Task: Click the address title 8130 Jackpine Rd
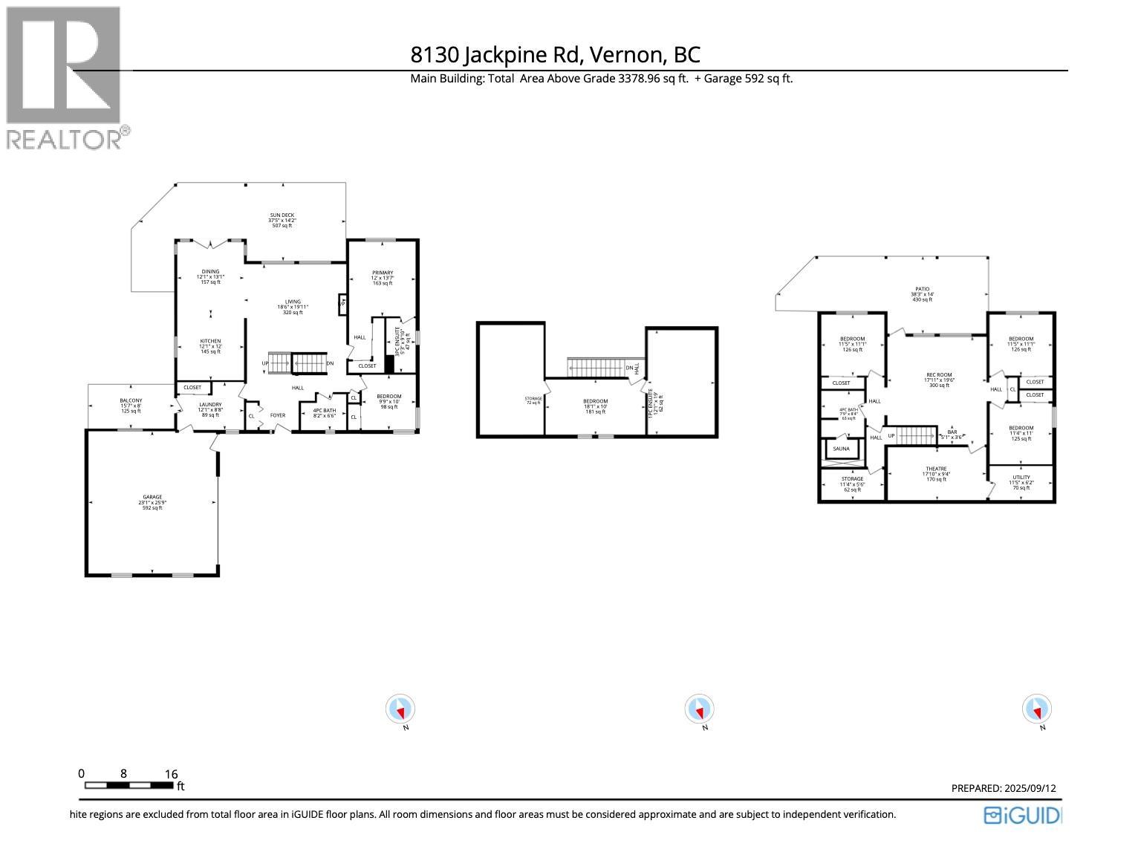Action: point(555,55)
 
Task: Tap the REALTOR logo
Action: point(65,77)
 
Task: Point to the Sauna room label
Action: point(841,449)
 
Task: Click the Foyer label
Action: point(277,415)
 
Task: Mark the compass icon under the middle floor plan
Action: point(699,709)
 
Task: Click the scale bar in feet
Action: point(129,785)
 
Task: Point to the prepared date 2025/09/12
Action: point(1003,788)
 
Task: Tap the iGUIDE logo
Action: point(1022,815)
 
